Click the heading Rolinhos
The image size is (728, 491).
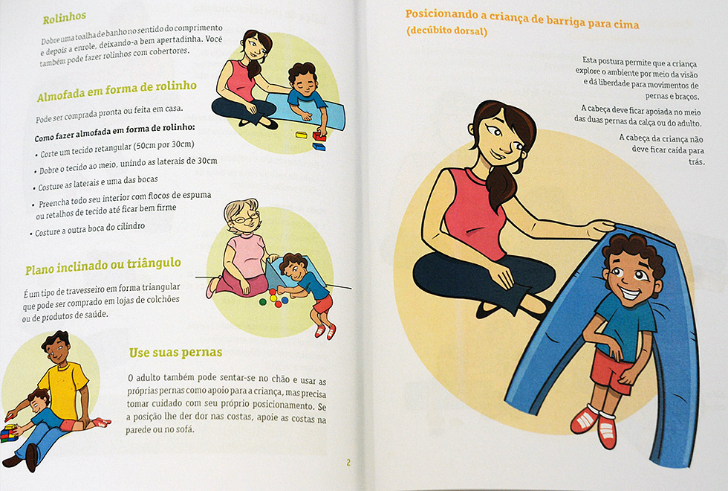tap(65, 18)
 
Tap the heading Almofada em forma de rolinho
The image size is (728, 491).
tap(117, 91)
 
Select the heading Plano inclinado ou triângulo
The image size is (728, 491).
tap(103, 266)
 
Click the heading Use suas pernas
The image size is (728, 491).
tap(175, 353)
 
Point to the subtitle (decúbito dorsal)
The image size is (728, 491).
tap(446, 31)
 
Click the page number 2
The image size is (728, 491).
tap(348, 462)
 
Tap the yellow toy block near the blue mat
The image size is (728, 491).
tap(302, 135)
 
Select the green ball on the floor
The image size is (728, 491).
tap(263, 302)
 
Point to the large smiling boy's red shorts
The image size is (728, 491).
tap(611, 370)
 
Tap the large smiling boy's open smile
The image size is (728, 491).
tap(630, 294)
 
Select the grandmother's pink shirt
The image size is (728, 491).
tap(246, 257)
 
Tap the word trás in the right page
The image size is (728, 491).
tap(697, 162)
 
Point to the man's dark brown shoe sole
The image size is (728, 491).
tap(31, 458)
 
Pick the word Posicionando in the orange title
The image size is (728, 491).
tap(441, 14)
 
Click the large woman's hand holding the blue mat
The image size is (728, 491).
tap(600, 228)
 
